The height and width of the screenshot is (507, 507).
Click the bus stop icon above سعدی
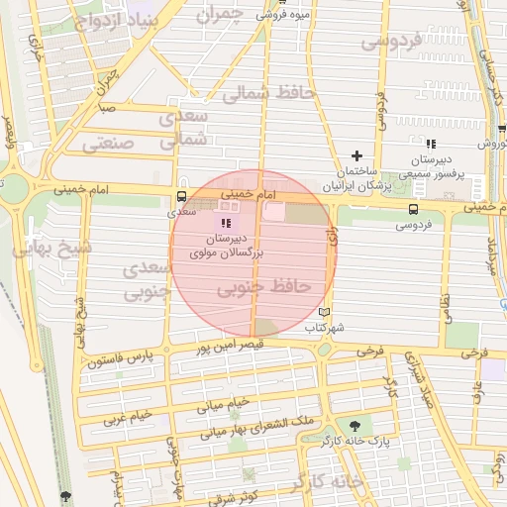click(x=180, y=196)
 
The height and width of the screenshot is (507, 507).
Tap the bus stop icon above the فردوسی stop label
click(x=413, y=209)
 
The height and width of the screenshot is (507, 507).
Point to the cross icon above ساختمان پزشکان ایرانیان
click(x=357, y=155)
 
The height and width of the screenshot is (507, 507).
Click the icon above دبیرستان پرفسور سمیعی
click(x=431, y=144)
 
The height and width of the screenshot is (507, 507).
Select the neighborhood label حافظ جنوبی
click(x=264, y=286)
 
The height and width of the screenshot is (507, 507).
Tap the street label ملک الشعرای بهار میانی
click(x=256, y=428)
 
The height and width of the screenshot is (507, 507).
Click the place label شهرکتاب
click(x=324, y=327)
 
